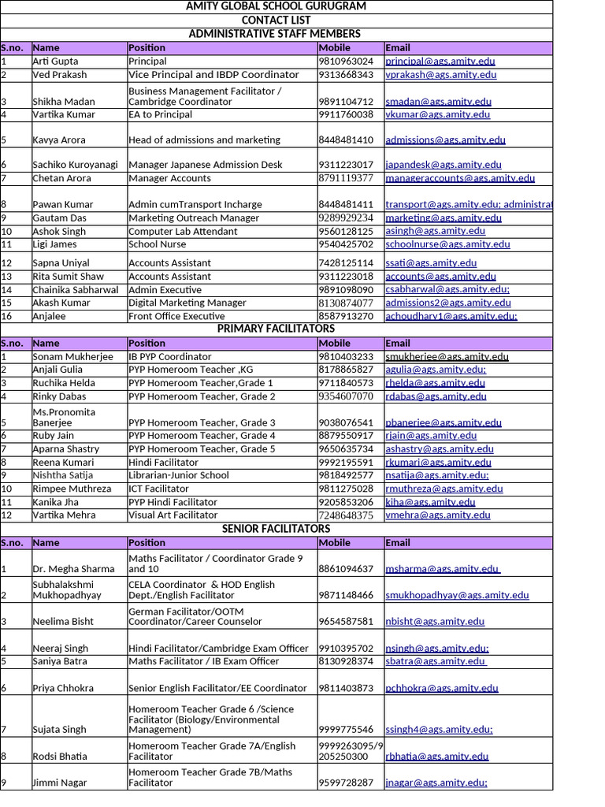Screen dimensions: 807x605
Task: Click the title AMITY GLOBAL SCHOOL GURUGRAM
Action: click(276, 6)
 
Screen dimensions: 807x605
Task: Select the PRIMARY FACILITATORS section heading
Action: click(276, 329)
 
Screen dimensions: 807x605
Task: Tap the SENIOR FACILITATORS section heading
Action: click(276, 529)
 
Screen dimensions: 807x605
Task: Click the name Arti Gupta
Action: click(55, 61)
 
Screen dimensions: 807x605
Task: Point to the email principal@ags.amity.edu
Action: click(440, 61)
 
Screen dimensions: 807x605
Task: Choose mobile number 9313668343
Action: click(346, 75)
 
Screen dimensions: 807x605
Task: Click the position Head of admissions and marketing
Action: click(204, 140)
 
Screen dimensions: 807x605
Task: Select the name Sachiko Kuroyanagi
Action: click(75, 165)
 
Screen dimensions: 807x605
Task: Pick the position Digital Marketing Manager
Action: click(187, 303)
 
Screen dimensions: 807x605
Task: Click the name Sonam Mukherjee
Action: click(72, 357)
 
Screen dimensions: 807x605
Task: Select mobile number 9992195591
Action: click(346, 463)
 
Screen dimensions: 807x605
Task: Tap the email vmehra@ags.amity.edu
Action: click(437, 515)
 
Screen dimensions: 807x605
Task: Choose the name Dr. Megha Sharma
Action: click(73, 569)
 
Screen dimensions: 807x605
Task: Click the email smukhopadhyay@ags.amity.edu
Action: click(457, 595)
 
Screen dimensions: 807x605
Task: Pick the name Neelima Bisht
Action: click(63, 621)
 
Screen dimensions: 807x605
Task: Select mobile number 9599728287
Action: click(346, 783)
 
